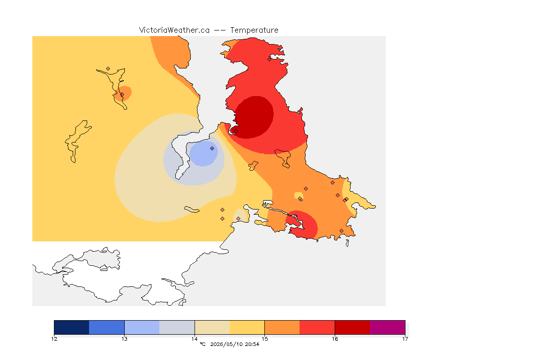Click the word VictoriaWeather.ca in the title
(x=174, y=30)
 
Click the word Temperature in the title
(x=254, y=30)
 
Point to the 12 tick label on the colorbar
(x=54, y=339)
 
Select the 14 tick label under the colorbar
(x=195, y=339)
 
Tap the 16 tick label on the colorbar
(x=335, y=339)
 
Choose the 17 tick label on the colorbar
(x=405, y=339)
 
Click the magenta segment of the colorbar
(x=388, y=327)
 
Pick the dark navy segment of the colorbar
(x=72, y=327)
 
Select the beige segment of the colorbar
(x=212, y=327)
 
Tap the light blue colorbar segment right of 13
(x=142, y=327)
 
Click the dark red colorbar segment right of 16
(x=352, y=327)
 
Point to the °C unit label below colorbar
(x=202, y=344)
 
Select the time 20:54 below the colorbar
(x=252, y=344)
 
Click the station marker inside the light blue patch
(x=212, y=149)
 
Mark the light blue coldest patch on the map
(x=203, y=154)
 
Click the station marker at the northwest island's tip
(x=108, y=69)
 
